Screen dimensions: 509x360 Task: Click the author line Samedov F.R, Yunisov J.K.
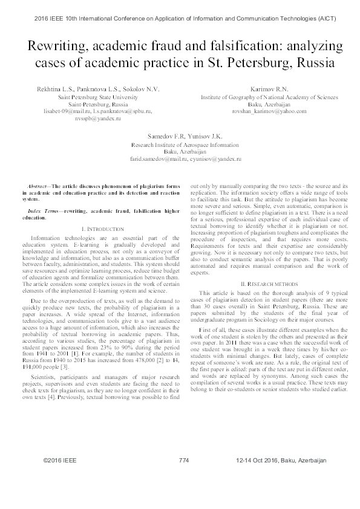[x=180, y=136]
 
